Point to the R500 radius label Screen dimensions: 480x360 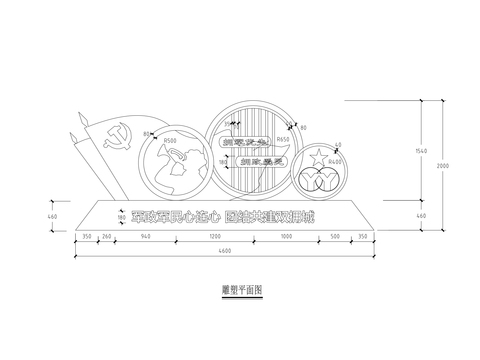coord(169,141)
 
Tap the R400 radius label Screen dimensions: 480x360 coord(335,160)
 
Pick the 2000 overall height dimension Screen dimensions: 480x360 coord(441,164)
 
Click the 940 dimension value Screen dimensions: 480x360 coord(147,238)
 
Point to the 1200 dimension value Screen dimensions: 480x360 coord(214,238)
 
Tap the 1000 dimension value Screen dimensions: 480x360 coord(286,238)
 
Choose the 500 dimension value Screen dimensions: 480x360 coord(337,238)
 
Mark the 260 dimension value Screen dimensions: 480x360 coord(107,238)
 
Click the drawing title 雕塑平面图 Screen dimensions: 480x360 coord(241,288)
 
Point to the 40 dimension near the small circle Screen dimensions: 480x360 coord(338,144)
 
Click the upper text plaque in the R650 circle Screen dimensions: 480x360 coord(240,142)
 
